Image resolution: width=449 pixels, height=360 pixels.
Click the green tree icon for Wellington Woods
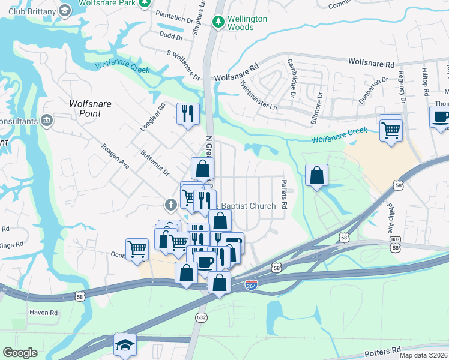coord(218,22)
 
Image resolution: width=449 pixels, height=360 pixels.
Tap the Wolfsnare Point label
coord(90,108)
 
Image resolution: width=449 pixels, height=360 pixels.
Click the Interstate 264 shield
coord(252,287)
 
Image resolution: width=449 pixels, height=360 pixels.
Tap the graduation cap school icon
coord(125,344)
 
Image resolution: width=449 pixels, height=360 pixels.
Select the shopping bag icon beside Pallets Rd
coord(317,176)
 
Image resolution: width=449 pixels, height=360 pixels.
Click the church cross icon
coord(171,205)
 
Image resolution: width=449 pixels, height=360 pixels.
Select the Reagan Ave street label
coord(116,156)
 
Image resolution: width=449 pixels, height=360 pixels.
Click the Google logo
coord(20,353)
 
